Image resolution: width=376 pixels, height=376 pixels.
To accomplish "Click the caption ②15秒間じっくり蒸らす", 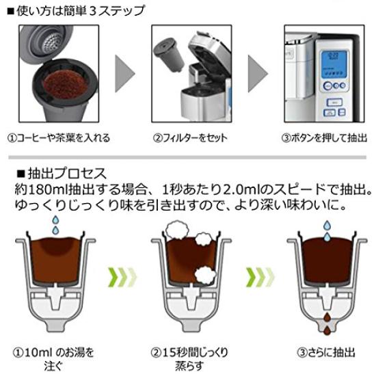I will (x=189, y=359).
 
